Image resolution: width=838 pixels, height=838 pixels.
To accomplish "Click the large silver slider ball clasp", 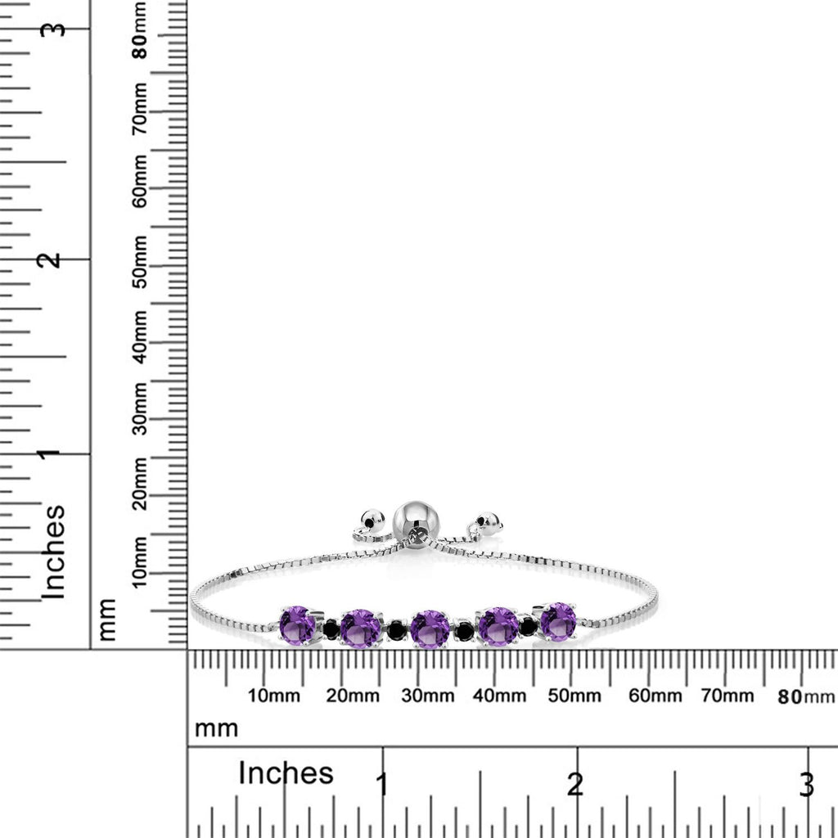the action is [x=417, y=520].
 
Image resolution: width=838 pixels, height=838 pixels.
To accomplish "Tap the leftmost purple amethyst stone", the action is [x=298, y=624].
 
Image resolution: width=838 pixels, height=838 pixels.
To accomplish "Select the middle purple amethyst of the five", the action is [x=430, y=628].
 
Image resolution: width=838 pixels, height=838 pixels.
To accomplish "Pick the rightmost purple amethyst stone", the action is [x=558, y=620].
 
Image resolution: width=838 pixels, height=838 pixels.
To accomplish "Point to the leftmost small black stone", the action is [x=331, y=628].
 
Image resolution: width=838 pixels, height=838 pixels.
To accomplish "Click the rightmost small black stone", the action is [x=528, y=626].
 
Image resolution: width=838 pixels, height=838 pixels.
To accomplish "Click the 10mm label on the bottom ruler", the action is [x=273, y=696].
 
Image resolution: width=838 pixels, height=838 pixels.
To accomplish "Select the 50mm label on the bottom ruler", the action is [x=574, y=696].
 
